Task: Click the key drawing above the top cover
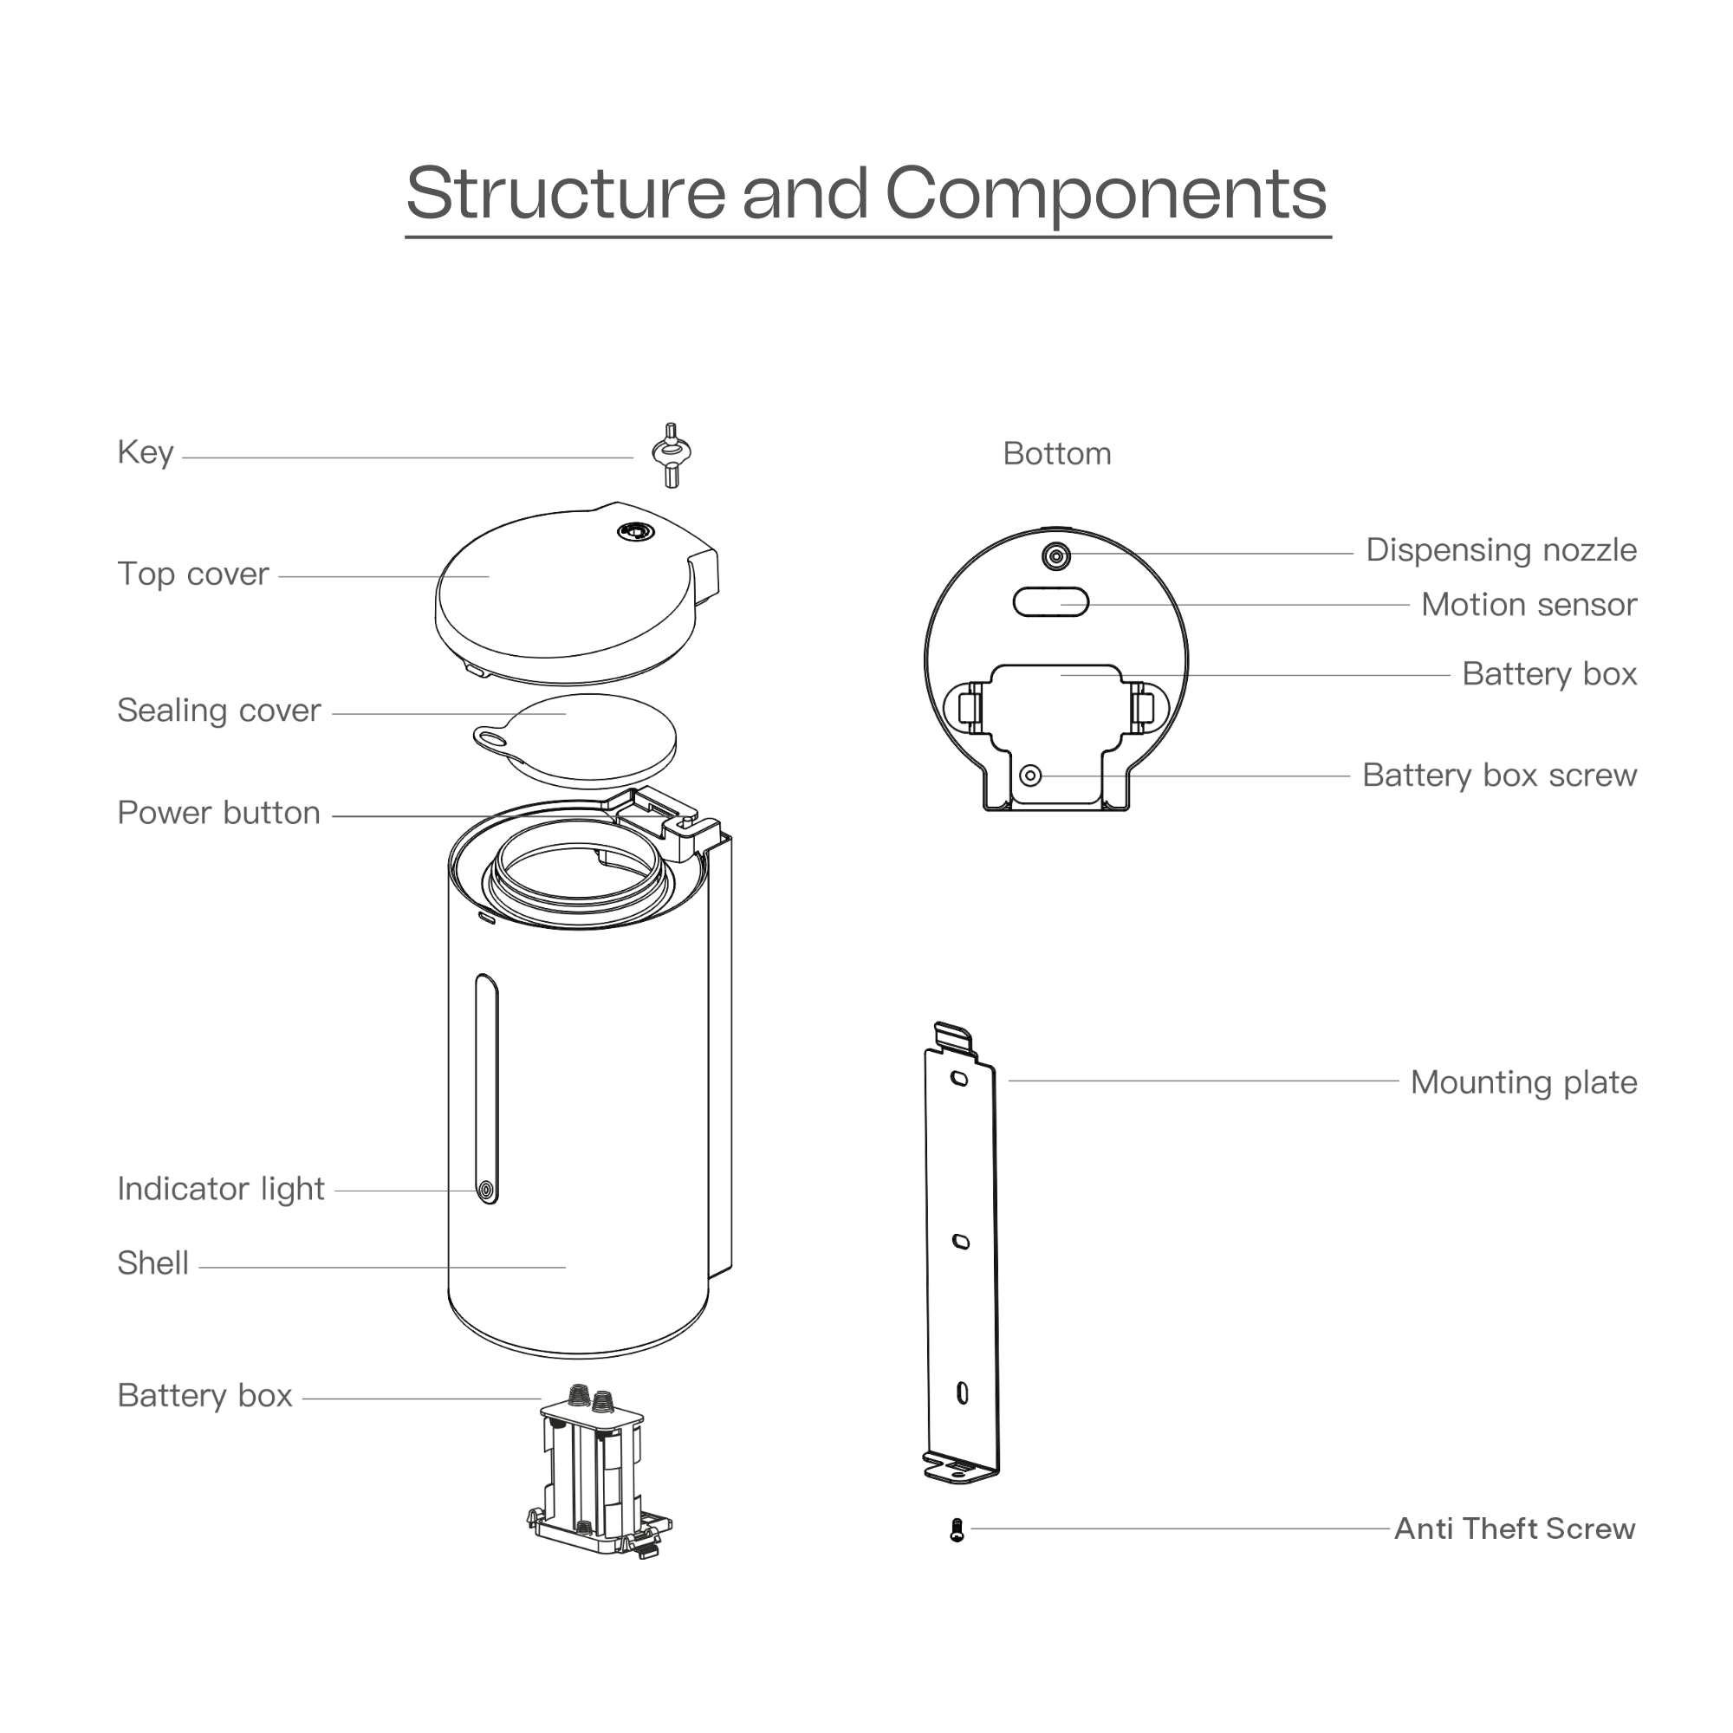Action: click(x=671, y=454)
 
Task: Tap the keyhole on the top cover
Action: click(x=635, y=532)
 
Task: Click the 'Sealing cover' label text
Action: click(x=219, y=711)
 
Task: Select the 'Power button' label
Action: click(x=219, y=813)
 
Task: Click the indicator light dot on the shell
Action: click(x=486, y=1191)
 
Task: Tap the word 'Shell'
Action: click(x=153, y=1263)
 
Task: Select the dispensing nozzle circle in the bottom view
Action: click(x=1055, y=556)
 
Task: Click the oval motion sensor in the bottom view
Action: click(x=1050, y=602)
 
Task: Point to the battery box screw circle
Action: click(x=1030, y=775)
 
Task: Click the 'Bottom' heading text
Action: click(x=1056, y=454)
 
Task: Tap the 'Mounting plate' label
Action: click(x=1523, y=1081)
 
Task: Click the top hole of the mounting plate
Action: click(x=959, y=1078)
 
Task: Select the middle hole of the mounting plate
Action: click(x=961, y=1243)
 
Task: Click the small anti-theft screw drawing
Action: click(x=957, y=1530)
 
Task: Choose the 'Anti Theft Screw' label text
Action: click(x=1514, y=1529)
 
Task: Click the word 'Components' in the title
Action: click(x=1105, y=194)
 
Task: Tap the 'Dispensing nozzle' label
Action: click(x=1501, y=550)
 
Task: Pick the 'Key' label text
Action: click(x=146, y=452)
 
